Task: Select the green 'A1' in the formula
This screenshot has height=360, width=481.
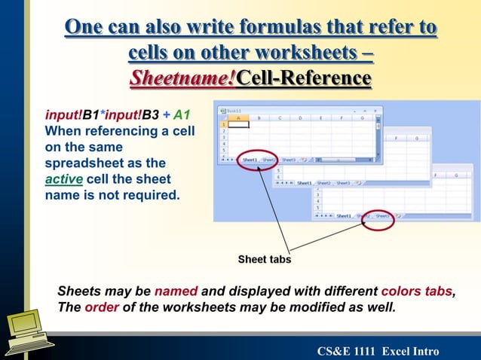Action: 181,116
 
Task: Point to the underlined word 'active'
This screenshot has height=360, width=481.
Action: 63,179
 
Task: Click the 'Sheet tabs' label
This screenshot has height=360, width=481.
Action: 264,259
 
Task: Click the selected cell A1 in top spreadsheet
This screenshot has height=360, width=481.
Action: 238,125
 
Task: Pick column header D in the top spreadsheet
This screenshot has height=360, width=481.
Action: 300,118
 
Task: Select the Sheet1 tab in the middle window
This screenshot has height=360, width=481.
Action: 304,182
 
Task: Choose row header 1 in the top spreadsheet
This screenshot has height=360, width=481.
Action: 223,125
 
